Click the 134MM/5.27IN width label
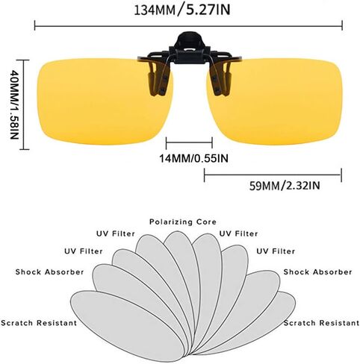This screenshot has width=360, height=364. click(x=182, y=10)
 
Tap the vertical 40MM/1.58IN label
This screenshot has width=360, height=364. click(x=14, y=104)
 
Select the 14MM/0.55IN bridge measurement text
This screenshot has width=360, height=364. click(x=193, y=158)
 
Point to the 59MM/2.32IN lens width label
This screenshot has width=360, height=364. click(x=285, y=186)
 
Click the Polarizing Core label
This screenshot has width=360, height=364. click(x=183, y=222)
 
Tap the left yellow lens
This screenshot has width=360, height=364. click(x=105, y=101)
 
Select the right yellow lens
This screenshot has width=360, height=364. click(x=275, y=101)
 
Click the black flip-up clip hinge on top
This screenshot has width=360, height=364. click(x=190, y=48)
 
